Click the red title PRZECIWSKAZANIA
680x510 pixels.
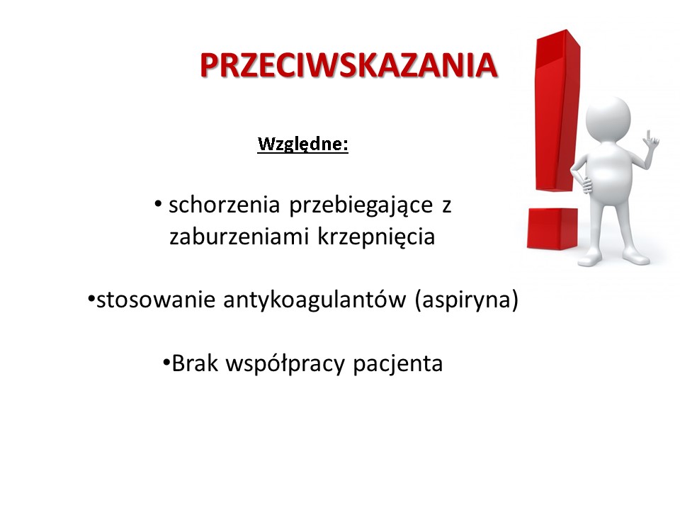(348, 65)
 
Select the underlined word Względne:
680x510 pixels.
(302, 144)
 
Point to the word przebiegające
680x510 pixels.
(361, 205)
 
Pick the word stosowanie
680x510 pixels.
(156, 300)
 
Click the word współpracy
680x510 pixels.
(285, 364)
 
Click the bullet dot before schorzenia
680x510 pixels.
(158, 203)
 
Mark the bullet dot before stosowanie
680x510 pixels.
(91, 298)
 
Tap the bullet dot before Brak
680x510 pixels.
(166, 362)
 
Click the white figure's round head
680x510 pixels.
(608, 118)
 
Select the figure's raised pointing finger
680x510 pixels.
(649, 135)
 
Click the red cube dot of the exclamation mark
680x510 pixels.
(552, 229)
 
